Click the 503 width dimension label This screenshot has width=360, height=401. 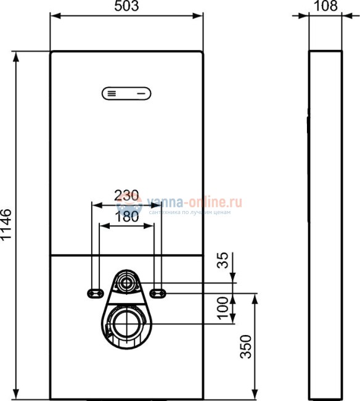pos(126,7)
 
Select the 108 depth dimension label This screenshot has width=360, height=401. pos(325,7)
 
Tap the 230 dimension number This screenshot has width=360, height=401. pos(126,194)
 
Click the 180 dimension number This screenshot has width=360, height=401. pos(126,217)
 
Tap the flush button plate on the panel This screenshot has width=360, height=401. pos(126,94)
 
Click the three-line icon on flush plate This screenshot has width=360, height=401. pos(111,94)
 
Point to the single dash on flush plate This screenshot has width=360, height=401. pos(142,94)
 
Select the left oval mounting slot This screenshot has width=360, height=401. pos(96,292)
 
